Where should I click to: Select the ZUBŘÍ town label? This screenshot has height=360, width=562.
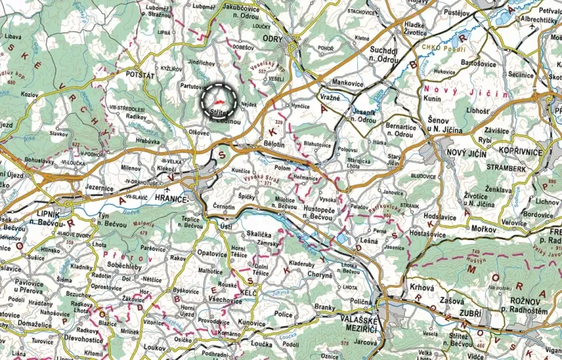tap(469, 315)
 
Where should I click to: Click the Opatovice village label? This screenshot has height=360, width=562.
tap(212, 252)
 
